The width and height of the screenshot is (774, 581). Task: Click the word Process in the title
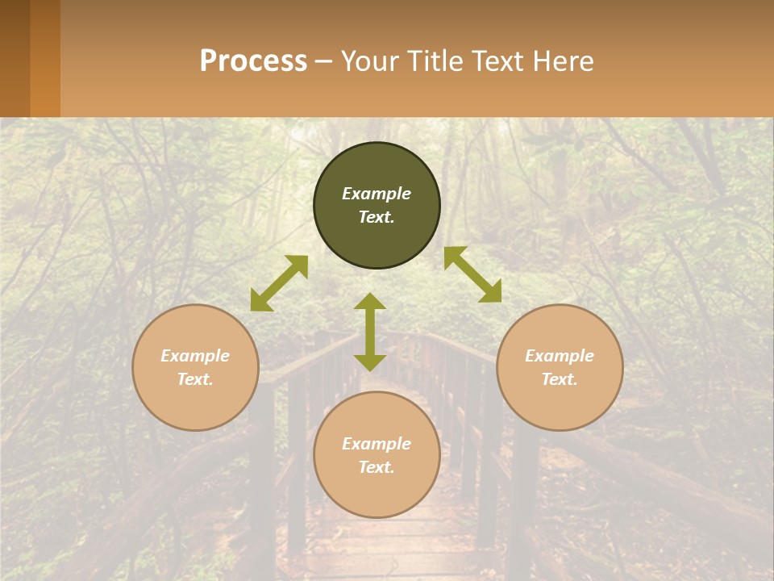click(x=253, y=61)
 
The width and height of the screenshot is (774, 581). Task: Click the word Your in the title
click(x=368, y=61)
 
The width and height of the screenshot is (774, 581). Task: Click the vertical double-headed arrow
click(x=370, y=332)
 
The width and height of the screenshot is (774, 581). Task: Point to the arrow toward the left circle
click(x=279, y=283)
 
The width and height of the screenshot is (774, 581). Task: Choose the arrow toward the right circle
click(x=472, y=274)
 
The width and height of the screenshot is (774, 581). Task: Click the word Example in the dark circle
click(x=377, y=194)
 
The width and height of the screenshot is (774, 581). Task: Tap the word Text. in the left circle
click(x=195, y=379)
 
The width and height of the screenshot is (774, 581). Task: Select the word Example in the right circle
click(x=560, y=356)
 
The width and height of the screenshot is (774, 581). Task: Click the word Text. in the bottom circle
click(x=377, y=467)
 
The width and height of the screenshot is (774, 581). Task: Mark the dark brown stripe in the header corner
click(x=15, y=58)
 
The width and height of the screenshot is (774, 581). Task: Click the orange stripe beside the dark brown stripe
click(x=45, y=58)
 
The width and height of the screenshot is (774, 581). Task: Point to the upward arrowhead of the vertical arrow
click(x=370, y=301)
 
